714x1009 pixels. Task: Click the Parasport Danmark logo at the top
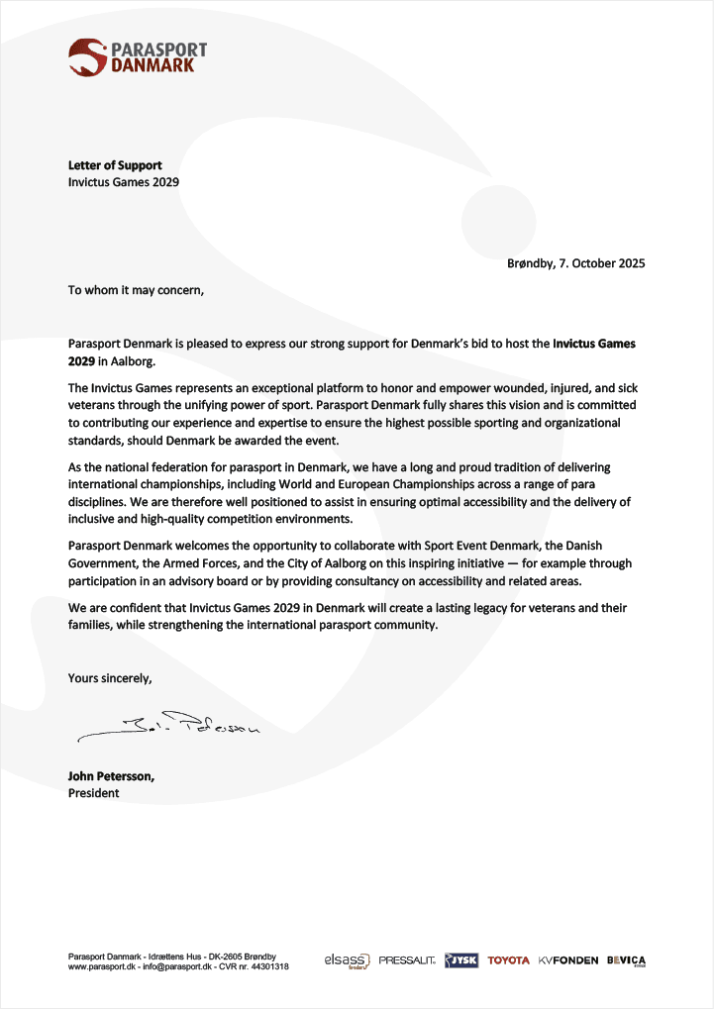click(138, 56)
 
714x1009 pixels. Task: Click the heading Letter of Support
click(115, 165)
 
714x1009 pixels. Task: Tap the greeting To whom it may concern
click(136, 290)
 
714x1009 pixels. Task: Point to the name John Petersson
click(111, 776)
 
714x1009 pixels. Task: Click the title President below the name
click(93, 793)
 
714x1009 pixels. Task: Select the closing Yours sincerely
click(110, 678)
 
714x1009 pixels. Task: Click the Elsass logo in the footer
click(347, 960)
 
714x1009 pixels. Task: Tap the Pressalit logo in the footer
click(406, 960)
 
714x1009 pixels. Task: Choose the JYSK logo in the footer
click(461, 960)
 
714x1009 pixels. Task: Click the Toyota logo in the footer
click(508, 960)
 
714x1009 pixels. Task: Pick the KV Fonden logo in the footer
click(568, 960)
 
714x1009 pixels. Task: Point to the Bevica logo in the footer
click(626, 960)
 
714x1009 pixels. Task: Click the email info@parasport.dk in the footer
click(174, 966)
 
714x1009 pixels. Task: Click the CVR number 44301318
click(268, 966)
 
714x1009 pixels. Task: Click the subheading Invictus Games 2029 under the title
click(123, 182)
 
